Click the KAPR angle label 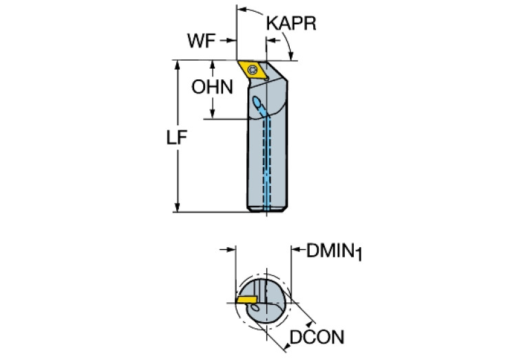point(291,23)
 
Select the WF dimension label point(202,41)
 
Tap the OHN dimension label point(212,87)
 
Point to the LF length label point(177,138)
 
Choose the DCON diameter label point(317,337)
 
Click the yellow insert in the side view point(253,71)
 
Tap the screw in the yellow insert point(252,70)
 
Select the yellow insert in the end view point(247,299)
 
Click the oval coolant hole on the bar point(257,102)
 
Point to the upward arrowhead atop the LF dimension point(177,65)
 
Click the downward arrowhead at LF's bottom point(178,207)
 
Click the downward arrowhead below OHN point(213,114)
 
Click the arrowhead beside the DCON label point(286,346)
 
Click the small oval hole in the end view point(255,308)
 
